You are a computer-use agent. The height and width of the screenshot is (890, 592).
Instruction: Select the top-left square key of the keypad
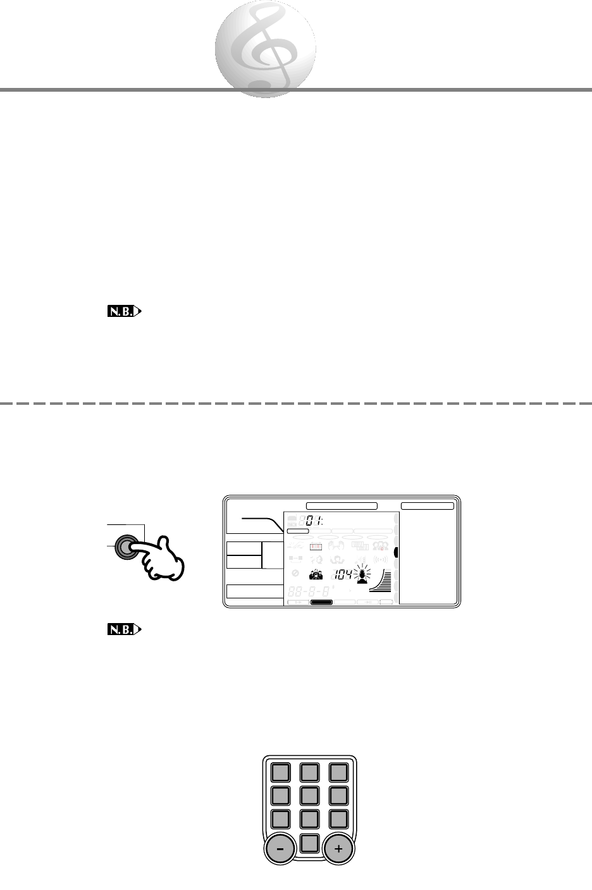pos(280,772)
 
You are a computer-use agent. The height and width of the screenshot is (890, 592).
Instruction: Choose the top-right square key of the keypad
pos(338,772)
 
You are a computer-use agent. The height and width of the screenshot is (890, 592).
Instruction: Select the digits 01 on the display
pos(312,521)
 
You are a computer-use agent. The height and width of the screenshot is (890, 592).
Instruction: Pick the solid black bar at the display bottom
pos(322,602)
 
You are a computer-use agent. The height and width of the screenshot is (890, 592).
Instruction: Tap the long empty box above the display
pos(342,506)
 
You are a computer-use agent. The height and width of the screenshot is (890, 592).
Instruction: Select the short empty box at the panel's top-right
pos(428,506)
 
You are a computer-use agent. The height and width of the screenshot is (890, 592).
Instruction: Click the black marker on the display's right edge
pos(396,552)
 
